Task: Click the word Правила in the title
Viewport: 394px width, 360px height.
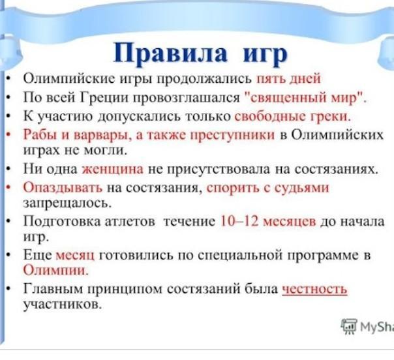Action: coord(170,53)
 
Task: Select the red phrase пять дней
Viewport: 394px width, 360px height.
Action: coord(288,78)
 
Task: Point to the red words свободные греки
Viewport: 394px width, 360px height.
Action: coord(292,116)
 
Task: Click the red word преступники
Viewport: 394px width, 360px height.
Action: coord(232,135)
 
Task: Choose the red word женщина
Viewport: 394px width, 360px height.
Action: coord(113,169)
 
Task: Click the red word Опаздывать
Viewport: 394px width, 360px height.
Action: coord(63,188)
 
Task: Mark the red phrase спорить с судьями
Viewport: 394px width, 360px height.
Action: coord(267,188)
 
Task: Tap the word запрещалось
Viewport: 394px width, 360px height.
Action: coord(67,203)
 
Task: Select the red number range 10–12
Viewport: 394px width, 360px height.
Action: coord(239,221)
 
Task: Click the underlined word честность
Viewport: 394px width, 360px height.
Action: coord(314,289)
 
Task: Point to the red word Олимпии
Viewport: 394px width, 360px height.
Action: coord(56,270)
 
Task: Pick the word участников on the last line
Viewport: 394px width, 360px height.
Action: coord(63,305)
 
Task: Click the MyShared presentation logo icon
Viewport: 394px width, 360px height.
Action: coord(349,327)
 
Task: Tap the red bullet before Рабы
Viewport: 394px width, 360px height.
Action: coord(8,135)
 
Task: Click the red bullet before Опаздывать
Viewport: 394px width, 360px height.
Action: coord(8,188)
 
